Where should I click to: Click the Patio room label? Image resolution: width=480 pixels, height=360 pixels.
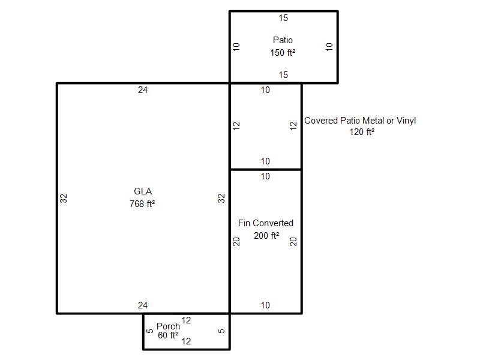tap(283, 40)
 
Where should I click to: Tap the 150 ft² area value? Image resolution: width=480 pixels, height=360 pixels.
tap(283, 53)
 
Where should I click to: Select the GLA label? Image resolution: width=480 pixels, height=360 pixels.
tap(143, 191)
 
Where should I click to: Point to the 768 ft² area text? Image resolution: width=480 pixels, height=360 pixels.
tap(142, 204)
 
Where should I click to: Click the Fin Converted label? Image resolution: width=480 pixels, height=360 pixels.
tap(266, 223)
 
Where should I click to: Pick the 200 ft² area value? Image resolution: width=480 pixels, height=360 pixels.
tap(266, 236)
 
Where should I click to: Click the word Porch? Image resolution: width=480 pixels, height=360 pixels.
tap(168, 326)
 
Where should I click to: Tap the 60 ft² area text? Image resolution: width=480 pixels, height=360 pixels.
tap(168, 335)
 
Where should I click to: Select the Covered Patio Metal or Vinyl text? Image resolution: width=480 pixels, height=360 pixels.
tap(360, 121)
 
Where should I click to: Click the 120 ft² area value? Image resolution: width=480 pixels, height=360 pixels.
tap(362, 132)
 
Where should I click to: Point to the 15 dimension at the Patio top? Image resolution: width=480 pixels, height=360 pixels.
tap(283, 18)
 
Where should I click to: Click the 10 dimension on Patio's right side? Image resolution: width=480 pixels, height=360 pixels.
tap(329, 47)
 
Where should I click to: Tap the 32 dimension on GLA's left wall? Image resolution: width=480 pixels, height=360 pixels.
tap(64, 199)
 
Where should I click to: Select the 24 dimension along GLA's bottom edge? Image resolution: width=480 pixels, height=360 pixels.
tap(143, 305)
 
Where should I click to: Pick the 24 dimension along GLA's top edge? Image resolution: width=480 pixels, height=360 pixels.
tap(143, 90)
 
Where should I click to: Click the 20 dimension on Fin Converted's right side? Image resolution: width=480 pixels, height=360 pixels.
tap(293, 242)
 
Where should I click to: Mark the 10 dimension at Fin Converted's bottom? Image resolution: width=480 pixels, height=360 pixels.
tap(265, 305)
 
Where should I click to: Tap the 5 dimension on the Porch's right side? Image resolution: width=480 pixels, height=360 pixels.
tap(221, 331)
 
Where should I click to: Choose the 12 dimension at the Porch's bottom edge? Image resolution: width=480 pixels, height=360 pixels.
tap(186, 341)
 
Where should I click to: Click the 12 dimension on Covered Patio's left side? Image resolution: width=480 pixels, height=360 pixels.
tap(236, 126)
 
